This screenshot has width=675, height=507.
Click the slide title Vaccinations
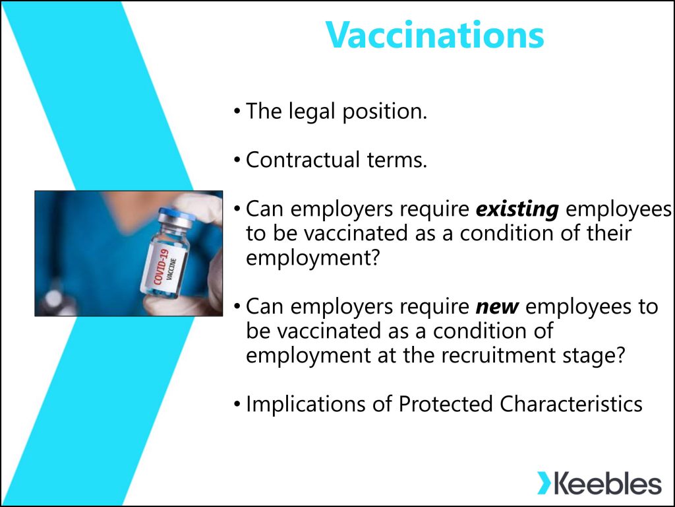click(435, 35)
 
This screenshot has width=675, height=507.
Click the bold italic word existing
click(517, 209)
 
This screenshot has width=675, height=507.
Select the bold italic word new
click(497, 307)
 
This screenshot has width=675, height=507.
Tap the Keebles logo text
click(607, 483)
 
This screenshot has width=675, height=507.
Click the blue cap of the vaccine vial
click(176, 213)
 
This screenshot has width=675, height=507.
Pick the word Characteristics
click(571, 405)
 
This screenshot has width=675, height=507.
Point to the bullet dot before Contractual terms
click(237, 161)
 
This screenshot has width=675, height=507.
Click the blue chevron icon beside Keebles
click(544, 483)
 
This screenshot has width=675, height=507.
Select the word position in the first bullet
click(384, 112)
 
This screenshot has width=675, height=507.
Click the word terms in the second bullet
click(397, 160)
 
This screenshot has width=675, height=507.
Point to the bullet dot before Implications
click(237, 405)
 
